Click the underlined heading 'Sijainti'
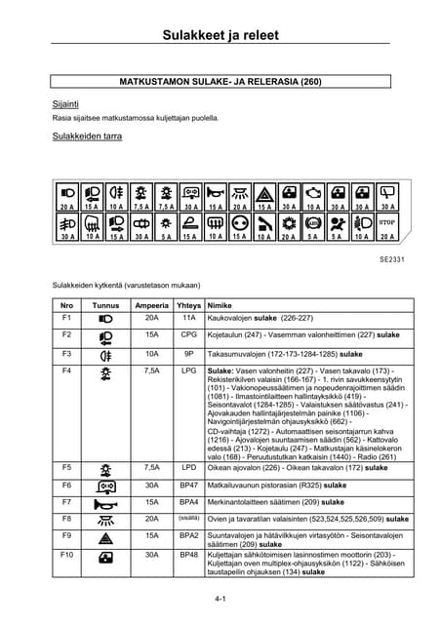click(65, 101)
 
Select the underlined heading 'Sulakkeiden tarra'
click(87, 137)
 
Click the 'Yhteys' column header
click(189, 305)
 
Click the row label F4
click(67, 371)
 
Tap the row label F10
click(67, 555)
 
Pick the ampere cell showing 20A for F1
click(151, 318)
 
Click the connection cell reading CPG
click(189, 334)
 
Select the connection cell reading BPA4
click(189, 501)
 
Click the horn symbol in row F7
click(106, 502)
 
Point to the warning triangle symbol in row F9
click(106, 537)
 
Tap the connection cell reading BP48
click(189, 555)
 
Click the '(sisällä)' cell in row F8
click(188, 518)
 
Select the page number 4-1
click(220, 596)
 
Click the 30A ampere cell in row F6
click(151, 485)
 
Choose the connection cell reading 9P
click(189, 353)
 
